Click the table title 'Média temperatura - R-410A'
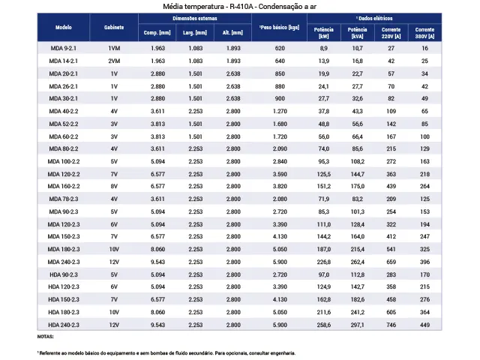pyautogui.click(x=208, y=7)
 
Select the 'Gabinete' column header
pyautogui.click(x=114, y=27)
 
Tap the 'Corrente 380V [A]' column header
pyautogui.click(x=424, y=33)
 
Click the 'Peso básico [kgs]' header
pyautogui.click(x=279, y=27)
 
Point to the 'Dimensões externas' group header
pyautogui.click(x=195, y=18)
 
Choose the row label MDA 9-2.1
pyautogui.click(x=63, y=48)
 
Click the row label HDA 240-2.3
pyautogui.click(x=64, y=325)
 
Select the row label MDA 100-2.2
pyautogui.click(x=64, y=161)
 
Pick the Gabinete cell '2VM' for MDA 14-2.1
pyautogui.click(x=114, y=61)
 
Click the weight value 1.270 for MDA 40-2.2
pyautogui.click(x=280, y=111)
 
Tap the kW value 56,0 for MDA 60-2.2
pyautogui.click(x=323, y=136)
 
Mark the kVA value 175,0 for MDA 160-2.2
pyautogui.click(x=357, y=186)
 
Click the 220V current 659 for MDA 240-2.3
pyautogui.click(x=391, y=262)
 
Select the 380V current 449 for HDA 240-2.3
pyautogui.click(x=424, y=325)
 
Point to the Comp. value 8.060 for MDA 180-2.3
pyautogui.click(x=157, y=249)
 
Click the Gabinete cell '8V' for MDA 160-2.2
pyautogui.click(x=114, y=186)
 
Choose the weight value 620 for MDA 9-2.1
pyautogui.click(x=280, y=48)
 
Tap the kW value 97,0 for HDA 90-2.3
pyautogui.click(x=323, y=274)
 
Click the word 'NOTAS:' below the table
pyautogui.click(x=45, y=337)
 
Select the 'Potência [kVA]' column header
pyautogui.click(x=357, y=33)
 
